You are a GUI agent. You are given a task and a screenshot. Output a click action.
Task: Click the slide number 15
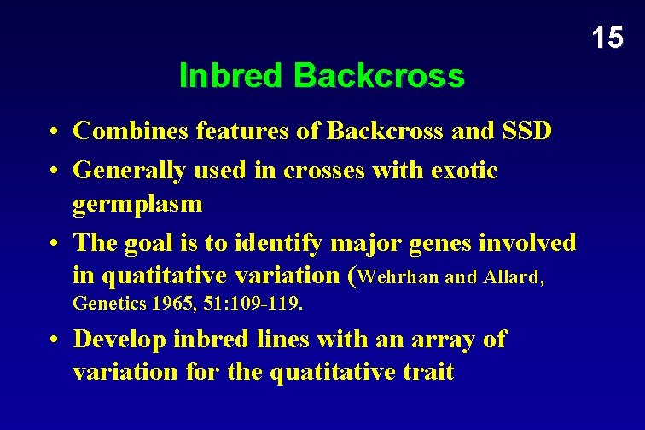coord(607,37)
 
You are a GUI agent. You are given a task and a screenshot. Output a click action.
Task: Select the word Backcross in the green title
coord(379,77)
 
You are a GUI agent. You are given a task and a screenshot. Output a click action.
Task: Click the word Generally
coord(130,171)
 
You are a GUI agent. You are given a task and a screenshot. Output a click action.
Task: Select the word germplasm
coord(137,203)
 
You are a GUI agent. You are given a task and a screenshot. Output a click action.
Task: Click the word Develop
coord(120,340)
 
